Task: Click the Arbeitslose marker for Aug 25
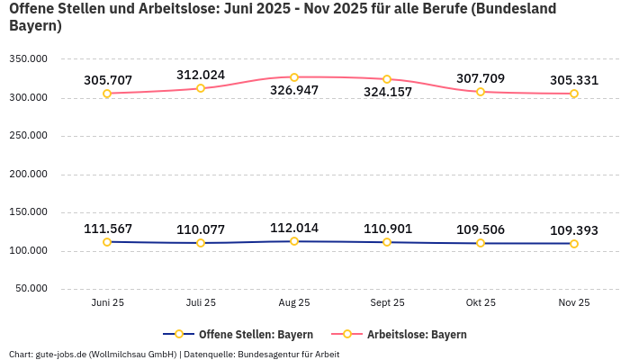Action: [294, 77]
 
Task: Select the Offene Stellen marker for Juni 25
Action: [107, 242]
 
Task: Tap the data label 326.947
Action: [294, 91]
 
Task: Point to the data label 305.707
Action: [108, 80]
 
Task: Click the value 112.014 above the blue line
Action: [294, 228]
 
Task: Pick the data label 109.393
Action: [574, 230]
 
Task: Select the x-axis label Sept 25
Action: [387, 303]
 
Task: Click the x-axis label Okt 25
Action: [481, 303]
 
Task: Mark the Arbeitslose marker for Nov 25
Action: [574, 94]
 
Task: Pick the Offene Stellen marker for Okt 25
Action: [481, 243]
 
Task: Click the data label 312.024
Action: [201, 75]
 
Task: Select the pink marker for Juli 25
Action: [201, 88]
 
